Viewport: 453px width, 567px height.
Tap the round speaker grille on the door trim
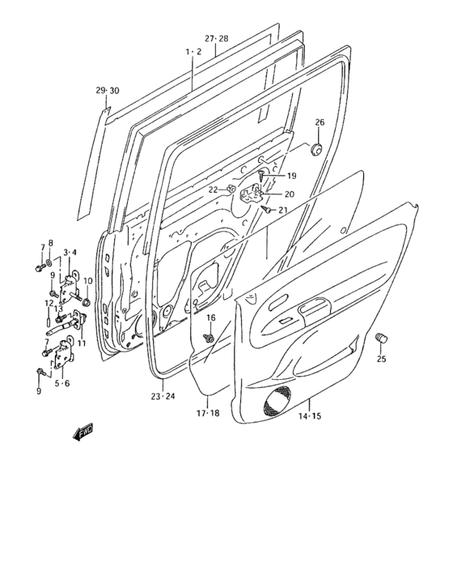tap(277, 403)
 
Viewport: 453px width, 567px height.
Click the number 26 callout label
tap(320, 122)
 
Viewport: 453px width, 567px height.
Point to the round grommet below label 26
tap(319, 149)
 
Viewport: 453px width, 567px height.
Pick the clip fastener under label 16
tap(209, 335)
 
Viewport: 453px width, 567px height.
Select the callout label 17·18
tap(208, 411)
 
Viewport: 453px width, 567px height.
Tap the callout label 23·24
tap(163, 396)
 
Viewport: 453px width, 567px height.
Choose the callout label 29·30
tap(108, 89)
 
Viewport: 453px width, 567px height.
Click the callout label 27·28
tap(216, 38)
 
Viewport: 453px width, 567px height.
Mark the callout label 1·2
tap(193, 51)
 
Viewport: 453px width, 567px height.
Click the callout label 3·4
tap(69, 253)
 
